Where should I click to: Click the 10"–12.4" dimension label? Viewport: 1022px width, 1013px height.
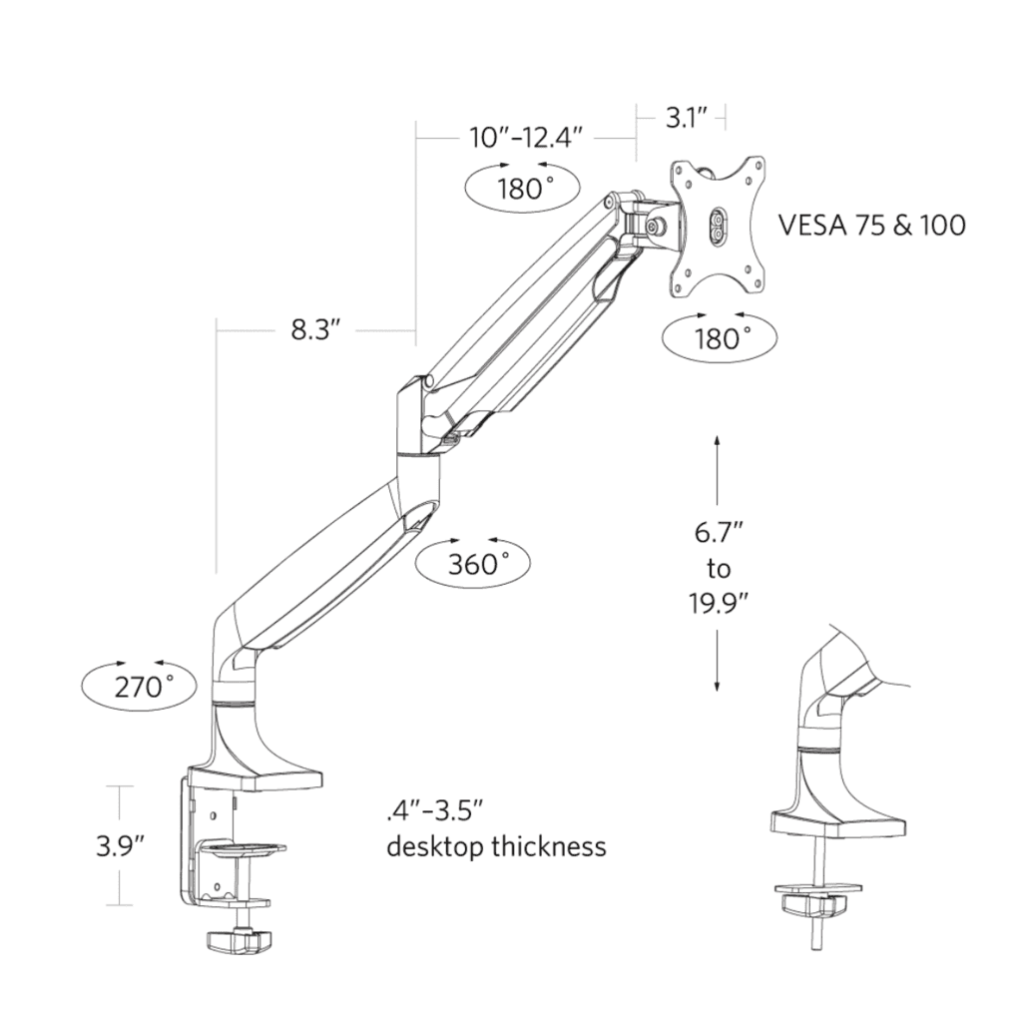click(x=525, y=138)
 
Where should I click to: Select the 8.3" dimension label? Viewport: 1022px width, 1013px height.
click(x=316, y=329)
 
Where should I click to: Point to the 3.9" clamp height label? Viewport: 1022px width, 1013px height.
click(x=121, y=846)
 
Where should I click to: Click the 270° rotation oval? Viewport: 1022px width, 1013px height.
click(x=139, y=685)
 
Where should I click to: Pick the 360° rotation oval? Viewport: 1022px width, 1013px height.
click(x=473, y=564)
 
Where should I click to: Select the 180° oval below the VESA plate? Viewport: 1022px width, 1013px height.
click(x=721, y=337)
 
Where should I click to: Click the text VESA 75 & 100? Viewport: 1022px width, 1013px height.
click(x=871, y=225)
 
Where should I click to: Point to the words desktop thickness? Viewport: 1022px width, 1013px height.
click(x=496, y=847)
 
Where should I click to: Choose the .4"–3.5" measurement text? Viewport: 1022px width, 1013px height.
click(x=435, y=807)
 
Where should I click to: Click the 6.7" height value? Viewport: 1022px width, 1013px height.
click(x=718, y=532)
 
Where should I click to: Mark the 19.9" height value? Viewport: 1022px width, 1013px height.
click(x=718, y=603)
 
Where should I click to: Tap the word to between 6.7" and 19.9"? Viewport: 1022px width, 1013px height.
click(x=718, y=568)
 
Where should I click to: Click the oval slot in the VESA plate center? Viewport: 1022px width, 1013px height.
click(x=718, y=225)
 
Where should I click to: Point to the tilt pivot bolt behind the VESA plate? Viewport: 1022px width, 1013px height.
click(x=658, y=226)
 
